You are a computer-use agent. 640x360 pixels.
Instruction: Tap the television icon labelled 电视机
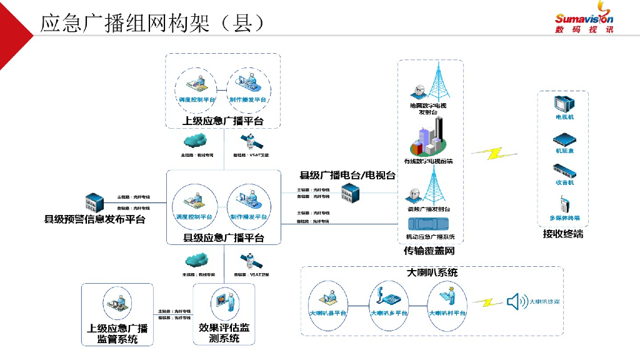pyautogui.click(x=564, y=103)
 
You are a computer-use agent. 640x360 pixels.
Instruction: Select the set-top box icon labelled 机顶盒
pyautogui.click(x=564, y=140)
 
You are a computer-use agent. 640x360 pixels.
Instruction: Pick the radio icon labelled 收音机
pyautogui.click(x=564, y=171)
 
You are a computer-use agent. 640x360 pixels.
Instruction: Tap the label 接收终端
pyautogui.click(x=562, y=234)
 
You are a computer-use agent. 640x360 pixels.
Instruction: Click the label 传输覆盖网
pyautogui.click(x=429, y=251)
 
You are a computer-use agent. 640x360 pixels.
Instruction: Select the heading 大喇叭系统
pyautogui.click(x=432, y=272)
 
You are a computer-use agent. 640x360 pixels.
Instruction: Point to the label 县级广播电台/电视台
pyautogui.click(x=347, y=176)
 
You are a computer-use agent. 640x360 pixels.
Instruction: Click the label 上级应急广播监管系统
pyautogui.click(x=117, y=334)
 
